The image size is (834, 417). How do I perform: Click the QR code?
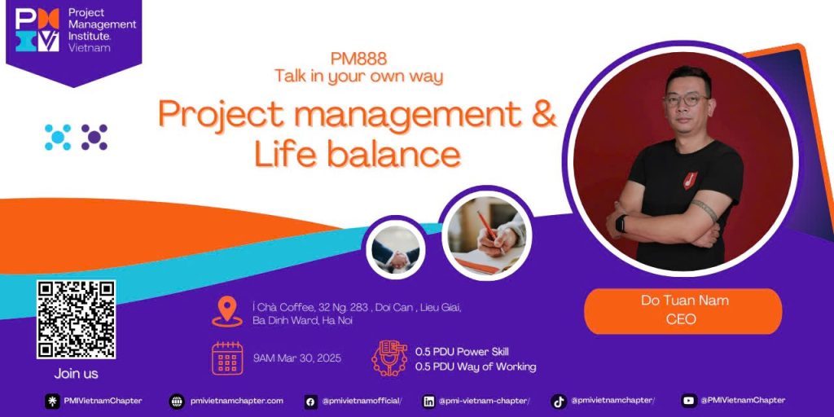pyautogui.click(x=76, y=319)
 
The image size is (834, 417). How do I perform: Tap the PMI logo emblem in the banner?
pyautogui.click(x=37, y=30)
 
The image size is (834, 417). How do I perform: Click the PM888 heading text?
pyautogui.click(x=358, y=59)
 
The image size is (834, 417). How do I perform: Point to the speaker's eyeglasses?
pyautogui.click(x=686, y=99)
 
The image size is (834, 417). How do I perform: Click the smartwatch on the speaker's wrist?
pyautogui.click(x=621, y=223)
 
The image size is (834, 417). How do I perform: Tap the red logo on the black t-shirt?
pyautogui.click(x=690, y=180)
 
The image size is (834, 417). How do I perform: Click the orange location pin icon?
pyautogui.click(x=227, y=311)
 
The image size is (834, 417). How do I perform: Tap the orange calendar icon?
pyautogui.click(x=227, y=358)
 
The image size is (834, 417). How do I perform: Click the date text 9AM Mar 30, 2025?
pyautogui.click(x=297, y=358)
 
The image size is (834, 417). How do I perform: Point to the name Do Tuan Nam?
pyautogui.click(x=684, y=301)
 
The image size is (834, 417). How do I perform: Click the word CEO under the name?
pyautogui.click(x=683, y=319)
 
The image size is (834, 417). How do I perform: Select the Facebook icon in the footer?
pyautogui.click(x=310, y=402)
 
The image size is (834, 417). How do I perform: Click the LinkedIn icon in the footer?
pyautogui.click(x=428, y=402)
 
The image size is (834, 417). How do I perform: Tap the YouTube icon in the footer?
pyautogui.click(x=689, y=401)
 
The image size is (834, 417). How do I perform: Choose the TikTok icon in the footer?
pyautogui.click(x=559, y=402)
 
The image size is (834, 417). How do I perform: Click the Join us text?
pyautogui.click(x=76, y=374)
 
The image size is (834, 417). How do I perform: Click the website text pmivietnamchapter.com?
pyautogui.click(x=237, y=401)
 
